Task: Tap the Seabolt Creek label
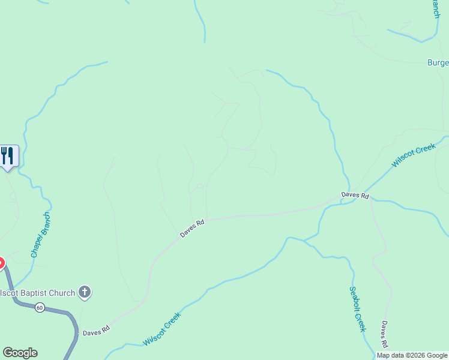[x=357, y=308]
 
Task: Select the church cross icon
[x=85, y=293]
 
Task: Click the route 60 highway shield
[x=40, y=307]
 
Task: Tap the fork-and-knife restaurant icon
[x=7, y=156]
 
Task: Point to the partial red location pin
[x=1, y=263]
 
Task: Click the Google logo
[x=20, y=353]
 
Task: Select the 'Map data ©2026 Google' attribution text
[x=412, y=355]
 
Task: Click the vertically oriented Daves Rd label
[x=384, y=334]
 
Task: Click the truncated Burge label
[x=438, y=62]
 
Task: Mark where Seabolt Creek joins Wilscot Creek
[x=304, y=241]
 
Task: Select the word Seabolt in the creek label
[x=354, y=298]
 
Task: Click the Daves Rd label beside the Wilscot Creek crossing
[x=354, y=195]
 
